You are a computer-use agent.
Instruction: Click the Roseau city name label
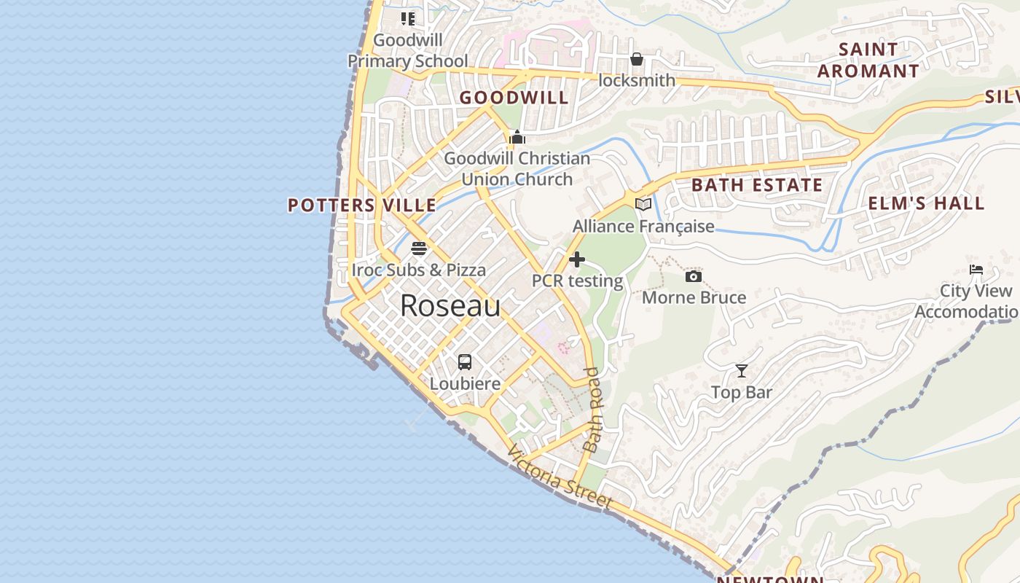(450, 306)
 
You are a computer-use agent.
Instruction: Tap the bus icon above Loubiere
(465, 361)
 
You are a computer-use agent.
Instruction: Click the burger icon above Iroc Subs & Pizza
(418, 249)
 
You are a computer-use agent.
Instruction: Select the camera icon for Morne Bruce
(694, 276)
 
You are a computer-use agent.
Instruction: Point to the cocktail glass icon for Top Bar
(742, 371)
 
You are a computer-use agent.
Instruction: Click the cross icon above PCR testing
(577, 259)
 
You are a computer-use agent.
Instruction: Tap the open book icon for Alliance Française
(643, 205)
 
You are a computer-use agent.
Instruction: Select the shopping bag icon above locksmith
(637, 59)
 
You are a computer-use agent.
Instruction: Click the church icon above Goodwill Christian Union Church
(517, 137)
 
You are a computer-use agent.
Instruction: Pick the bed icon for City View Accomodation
(976, 270)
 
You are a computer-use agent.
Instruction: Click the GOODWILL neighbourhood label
(514, 98)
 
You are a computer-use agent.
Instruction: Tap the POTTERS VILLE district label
(362, 206)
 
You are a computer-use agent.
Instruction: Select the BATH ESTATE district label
(757, 185)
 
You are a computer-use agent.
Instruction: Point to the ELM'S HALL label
(926, 203)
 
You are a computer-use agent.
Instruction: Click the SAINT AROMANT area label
(868, 60)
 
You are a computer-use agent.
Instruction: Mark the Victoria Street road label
(560, 479)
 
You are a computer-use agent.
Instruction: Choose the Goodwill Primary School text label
(408, 51)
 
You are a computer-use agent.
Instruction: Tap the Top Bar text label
(742, 393)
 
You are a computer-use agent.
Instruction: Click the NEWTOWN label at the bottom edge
(770, 579)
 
